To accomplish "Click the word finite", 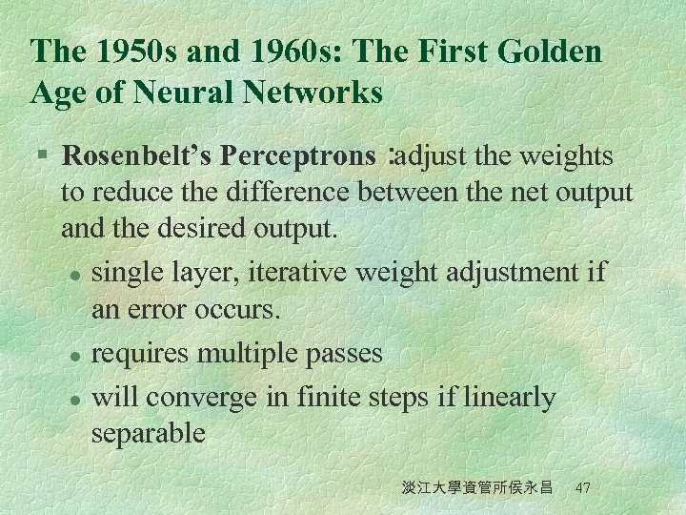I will [330, 397].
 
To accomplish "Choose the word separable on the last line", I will [148, 434].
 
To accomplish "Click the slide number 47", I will [584, 487].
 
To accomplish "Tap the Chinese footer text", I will [477, 487].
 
